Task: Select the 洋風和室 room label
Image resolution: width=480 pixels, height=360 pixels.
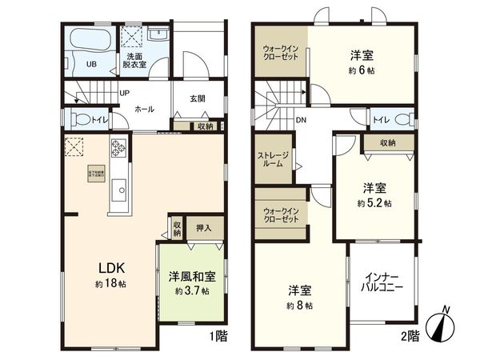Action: coord(191,277)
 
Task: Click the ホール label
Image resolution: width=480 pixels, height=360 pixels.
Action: coord(145,108)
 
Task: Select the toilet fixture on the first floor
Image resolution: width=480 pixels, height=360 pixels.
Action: coord(80,120)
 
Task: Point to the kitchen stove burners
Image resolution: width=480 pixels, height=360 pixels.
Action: coord(119,147)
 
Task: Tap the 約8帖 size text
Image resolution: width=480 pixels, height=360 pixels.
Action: coord(300,306)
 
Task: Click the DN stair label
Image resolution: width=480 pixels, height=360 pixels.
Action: coord(302,121)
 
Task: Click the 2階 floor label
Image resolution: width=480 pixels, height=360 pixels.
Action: coord(409,337)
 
